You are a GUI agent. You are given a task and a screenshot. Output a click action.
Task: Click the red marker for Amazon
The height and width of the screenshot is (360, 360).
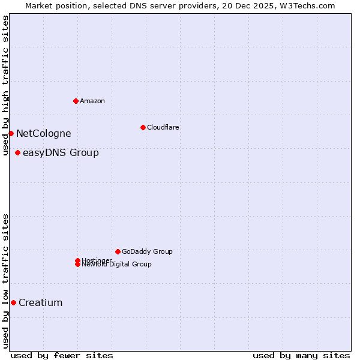[76, 101]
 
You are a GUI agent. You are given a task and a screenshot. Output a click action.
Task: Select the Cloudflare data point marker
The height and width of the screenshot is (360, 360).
[143, 127]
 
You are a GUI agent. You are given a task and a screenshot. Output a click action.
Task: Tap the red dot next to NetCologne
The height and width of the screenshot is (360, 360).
[11, 133]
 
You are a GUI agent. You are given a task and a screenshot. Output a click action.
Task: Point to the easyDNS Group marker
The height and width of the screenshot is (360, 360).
[17, 152]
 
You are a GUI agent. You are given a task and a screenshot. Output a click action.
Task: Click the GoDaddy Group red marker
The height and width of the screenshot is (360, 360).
[118, 251]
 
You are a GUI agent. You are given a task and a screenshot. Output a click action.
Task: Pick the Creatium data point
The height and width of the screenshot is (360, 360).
[13, 302]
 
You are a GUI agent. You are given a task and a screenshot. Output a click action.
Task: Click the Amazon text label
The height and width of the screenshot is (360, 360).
[92, 101]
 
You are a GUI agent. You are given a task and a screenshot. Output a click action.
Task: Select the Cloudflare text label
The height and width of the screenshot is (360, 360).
[163, 127]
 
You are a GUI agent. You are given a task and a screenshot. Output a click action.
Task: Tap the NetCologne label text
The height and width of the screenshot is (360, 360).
[43, 134]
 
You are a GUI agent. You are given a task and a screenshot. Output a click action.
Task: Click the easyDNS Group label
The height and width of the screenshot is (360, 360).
[61, 153]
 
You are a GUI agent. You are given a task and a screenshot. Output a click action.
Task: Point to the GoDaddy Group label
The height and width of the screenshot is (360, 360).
[147, 251]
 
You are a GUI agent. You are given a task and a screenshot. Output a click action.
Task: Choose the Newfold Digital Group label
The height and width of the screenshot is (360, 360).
[116, 265]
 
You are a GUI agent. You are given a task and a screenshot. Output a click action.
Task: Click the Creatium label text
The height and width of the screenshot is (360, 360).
[40, 303]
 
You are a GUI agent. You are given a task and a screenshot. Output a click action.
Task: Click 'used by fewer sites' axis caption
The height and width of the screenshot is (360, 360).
[62, 355]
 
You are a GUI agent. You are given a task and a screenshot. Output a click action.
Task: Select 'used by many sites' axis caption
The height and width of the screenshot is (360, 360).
[301, 355]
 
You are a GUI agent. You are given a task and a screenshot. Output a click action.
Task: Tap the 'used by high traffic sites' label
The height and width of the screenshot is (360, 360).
[5, 85]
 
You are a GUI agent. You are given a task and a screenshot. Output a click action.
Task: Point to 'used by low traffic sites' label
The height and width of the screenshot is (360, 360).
[5, 280]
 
